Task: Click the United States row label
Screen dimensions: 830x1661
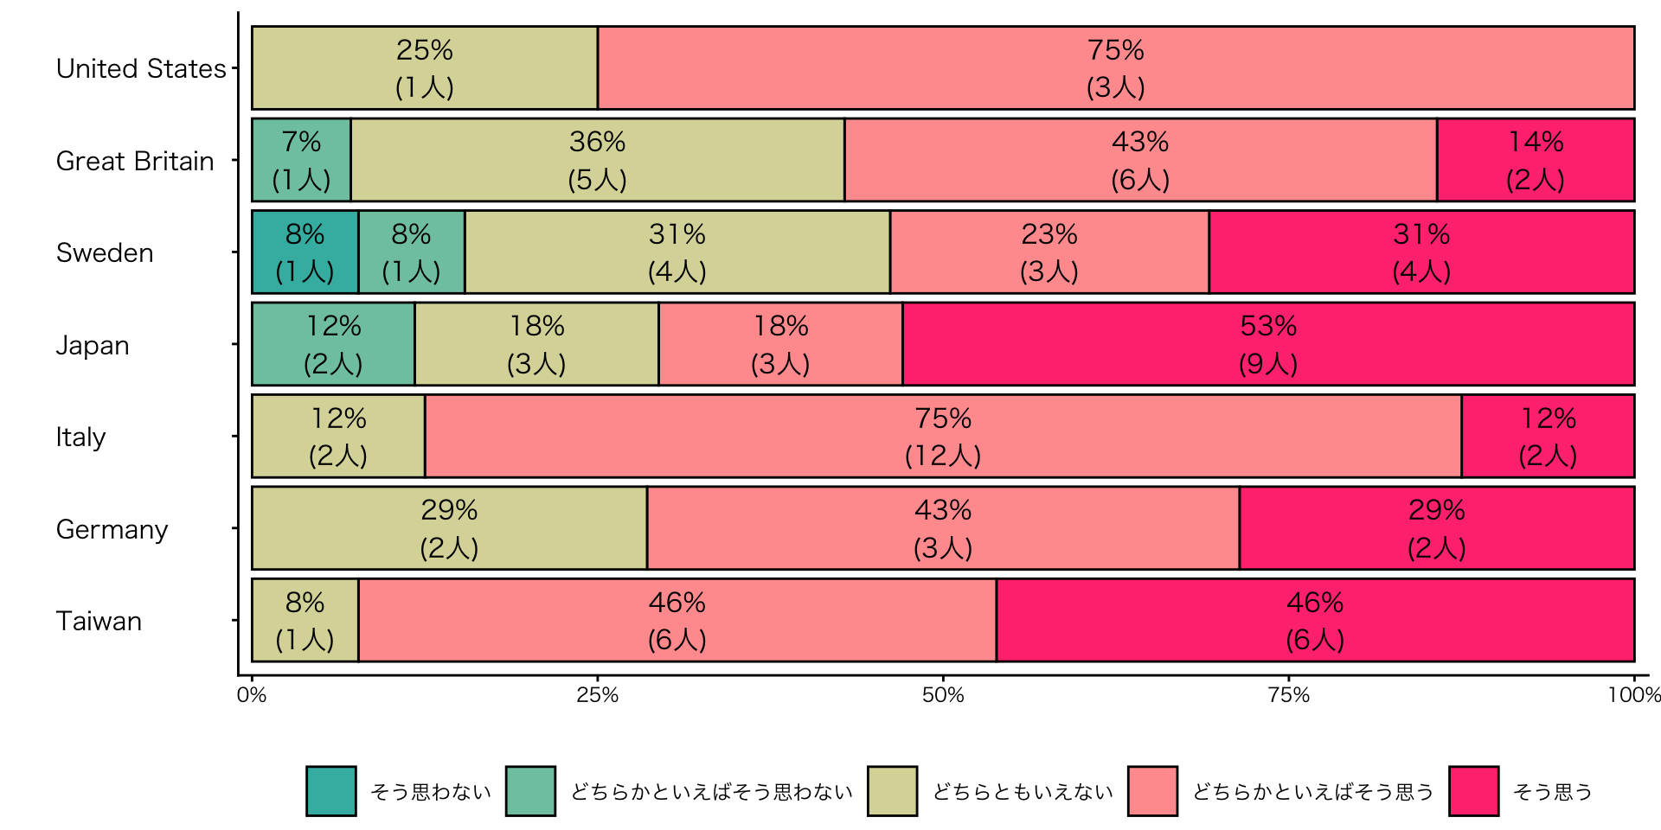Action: (141, 68)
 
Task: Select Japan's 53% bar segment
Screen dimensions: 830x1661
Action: (1268, 344)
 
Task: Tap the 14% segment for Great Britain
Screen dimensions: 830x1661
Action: (1536, 160)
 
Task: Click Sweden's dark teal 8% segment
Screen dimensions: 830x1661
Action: (305, 252)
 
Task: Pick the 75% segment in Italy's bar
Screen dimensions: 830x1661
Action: (943, 436)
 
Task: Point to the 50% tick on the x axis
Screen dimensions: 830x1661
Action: (943, 695)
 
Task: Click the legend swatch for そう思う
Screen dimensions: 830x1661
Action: (1474, 790)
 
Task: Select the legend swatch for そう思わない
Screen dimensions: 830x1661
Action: (331, 790)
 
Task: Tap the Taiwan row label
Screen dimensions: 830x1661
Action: (99, 621)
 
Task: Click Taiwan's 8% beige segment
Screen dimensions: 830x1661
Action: (305, 620)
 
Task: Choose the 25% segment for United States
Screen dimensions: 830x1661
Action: (425, 68)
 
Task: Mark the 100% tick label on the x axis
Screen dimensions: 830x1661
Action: (1633, 695)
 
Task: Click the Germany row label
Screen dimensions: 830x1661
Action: (112, 529)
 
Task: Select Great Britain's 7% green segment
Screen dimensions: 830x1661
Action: (301, 160)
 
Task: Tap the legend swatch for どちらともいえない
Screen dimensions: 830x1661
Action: (892, 790)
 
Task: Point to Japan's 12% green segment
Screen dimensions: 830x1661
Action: (333, 344)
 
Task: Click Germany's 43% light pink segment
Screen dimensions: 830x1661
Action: (943, 528)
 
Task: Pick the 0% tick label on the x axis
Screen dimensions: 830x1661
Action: (252, 695)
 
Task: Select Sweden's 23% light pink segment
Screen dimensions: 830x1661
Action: (1049, 252)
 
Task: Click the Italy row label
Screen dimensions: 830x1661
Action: (80, 437)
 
